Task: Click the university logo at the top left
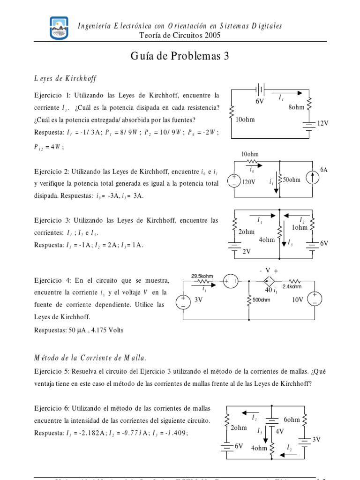tap(59, 28)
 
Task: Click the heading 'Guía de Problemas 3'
tap(180, 57)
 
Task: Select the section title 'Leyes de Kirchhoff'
tap(65, 78)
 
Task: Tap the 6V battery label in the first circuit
tap(260, 101)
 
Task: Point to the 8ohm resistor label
tap(296, 107)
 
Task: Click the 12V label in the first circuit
tap(323, 123)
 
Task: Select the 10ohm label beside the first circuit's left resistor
tap(245, 120)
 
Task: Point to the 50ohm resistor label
tap(292, 180)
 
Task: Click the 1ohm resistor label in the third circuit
tap(300, 227)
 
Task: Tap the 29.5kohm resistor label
tap(202, 276)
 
